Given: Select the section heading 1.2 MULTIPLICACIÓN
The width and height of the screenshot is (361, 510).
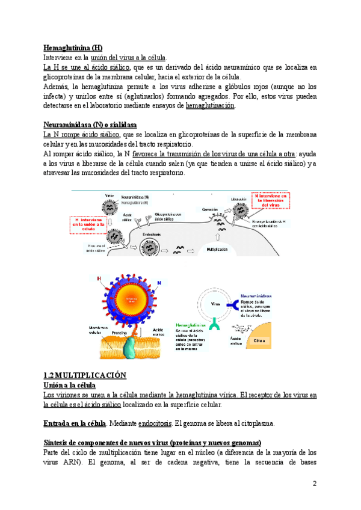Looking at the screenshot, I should tap(85, 375).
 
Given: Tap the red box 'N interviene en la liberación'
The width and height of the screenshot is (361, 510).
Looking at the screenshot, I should tap(271, 200).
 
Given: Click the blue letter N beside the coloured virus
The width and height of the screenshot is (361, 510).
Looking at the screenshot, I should tap(159, 283).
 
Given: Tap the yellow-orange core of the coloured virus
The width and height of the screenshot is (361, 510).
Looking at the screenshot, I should tap(127, 302).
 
